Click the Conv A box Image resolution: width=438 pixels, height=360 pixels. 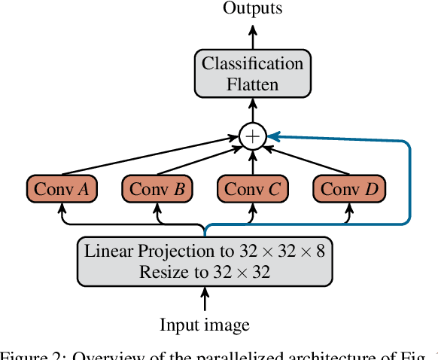[61, 189]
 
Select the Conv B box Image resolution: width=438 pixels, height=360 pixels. [157, 189]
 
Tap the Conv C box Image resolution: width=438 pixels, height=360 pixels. [252, 189]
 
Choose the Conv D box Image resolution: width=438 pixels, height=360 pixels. [348, 189]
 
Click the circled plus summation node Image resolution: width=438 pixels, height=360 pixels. [252, 136]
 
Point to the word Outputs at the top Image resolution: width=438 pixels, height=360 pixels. [252, 8]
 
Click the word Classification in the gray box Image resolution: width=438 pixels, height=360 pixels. [252, 63]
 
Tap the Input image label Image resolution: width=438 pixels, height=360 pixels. [204, 325]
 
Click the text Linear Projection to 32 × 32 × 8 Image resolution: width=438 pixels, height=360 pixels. [204, 251]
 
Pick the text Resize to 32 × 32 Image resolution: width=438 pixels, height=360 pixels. [204, 271]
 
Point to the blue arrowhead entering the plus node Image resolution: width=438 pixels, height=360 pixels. [274, 136]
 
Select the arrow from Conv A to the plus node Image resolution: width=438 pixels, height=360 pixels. [151, 157]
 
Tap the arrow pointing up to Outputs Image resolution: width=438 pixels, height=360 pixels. [252, 35]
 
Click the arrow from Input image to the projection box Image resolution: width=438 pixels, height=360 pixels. [204, 301]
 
